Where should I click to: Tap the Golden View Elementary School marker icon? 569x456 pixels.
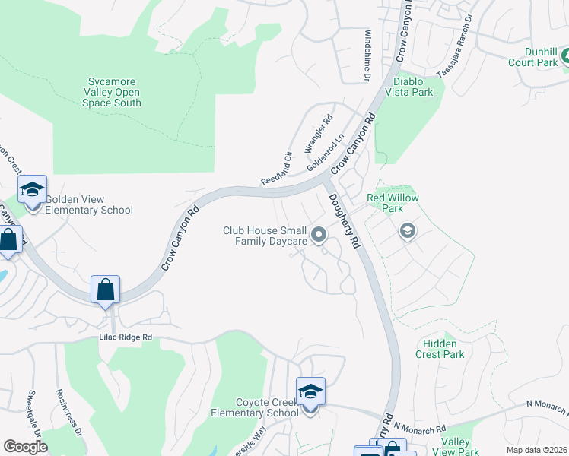(33, 191)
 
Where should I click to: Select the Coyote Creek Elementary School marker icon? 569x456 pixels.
(310, 393)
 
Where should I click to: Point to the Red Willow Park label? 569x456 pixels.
(393, 203)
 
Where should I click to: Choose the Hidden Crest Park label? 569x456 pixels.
(440, 349)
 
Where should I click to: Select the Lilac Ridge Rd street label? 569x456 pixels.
(126, 337)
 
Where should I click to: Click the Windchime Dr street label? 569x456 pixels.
(367, 55)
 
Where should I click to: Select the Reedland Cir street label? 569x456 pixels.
(277, 168)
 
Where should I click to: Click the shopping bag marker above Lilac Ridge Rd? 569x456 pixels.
(105, 290)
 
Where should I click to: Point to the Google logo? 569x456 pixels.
(25, 447)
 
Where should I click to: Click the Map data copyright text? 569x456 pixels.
(536, 450)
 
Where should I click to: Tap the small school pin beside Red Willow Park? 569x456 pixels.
(408, 231)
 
